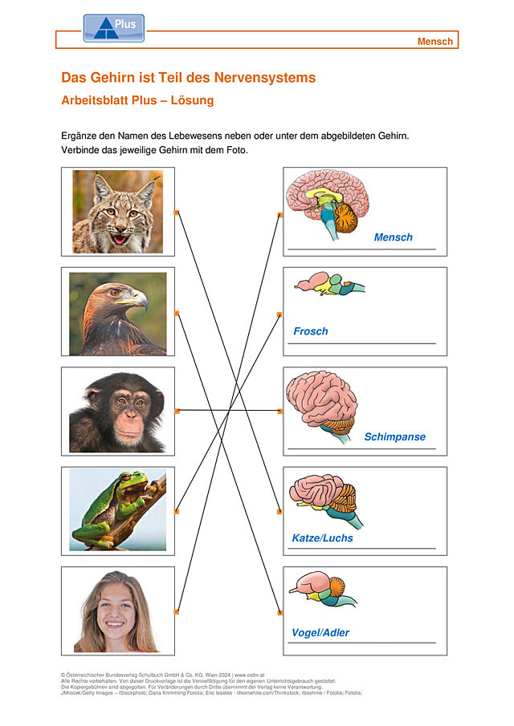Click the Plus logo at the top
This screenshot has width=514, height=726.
coord(113,28)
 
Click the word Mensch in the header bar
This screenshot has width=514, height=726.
coord(434,41)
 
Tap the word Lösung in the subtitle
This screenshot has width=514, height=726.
coord(192,100)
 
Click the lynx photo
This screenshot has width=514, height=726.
coord(118,212)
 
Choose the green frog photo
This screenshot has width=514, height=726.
coord(118,509)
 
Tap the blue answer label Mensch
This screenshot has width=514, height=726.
coord(393,237)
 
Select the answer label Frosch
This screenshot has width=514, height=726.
coord(311,331)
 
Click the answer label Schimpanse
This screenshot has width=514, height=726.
coord(394,436)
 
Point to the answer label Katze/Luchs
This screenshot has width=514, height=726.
coord(322,538)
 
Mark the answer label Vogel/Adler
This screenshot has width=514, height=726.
coord(320,632)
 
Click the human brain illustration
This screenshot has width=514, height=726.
coord(327,205)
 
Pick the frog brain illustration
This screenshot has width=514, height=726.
coord(329,283)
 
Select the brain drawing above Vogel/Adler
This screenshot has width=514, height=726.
coord(323,589)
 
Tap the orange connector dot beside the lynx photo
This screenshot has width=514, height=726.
coord(176,213)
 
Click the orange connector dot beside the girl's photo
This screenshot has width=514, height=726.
coord(176,612)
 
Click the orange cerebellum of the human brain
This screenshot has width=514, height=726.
coord(346,217)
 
